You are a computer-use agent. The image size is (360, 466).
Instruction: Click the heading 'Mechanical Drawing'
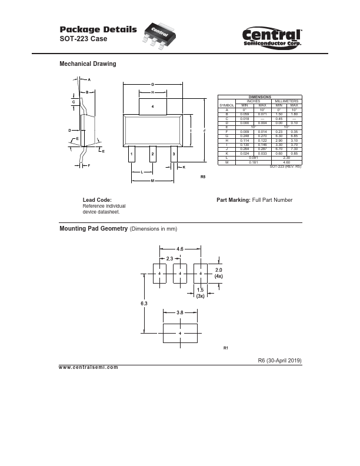pos(88,64)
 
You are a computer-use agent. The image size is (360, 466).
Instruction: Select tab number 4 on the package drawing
pos(152,107)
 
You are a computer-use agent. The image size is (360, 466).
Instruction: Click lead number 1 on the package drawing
pos(132,154)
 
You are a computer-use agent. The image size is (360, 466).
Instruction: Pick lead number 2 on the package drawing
pos(152,154)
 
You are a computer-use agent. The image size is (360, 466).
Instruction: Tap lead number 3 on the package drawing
pos(174,154)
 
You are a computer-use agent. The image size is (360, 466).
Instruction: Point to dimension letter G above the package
pos(152,85)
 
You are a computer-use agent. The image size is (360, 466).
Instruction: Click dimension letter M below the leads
pos(152,181)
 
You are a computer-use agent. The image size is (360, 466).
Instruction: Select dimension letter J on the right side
pos(204,129)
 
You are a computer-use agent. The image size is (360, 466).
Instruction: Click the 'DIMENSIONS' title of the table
pos(260,96)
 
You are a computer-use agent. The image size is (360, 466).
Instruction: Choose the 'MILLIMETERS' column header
pos(286,100)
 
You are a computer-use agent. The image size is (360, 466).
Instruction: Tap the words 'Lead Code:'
pos(97,200)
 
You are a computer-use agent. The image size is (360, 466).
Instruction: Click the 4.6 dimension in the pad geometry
pos(181,249)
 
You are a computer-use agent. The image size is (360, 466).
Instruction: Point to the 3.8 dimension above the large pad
pos(181,313)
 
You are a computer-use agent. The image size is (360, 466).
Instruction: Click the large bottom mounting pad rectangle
pos(180,333)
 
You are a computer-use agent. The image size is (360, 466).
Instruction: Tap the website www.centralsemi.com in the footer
pos(89,367)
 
